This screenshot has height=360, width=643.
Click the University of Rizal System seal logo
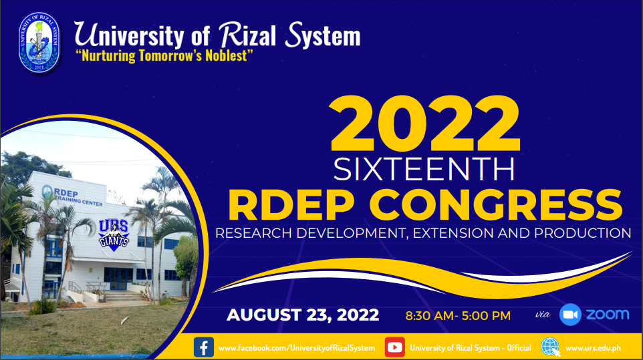point(39,43)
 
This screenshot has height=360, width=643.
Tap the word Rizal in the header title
point(247,35)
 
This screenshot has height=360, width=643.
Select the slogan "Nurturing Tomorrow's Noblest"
point(164,55)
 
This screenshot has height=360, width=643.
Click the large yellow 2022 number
point(425,124)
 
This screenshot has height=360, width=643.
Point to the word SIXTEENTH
point(424,169)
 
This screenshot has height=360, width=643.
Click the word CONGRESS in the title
point(496,205)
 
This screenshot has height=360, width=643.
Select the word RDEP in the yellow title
point(291,205)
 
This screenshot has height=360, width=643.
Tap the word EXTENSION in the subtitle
point(454,233)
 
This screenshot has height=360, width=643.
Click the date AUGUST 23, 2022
point(303,315)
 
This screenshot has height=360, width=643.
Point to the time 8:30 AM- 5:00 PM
point(458,316)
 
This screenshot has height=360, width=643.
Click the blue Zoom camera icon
point(570,315)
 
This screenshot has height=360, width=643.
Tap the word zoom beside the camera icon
point(608,315)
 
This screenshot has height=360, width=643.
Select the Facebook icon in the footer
point(204,347)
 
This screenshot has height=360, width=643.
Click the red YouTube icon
point(395,347)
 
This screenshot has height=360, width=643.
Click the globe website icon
point(550,347)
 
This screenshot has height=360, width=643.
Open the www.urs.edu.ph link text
point(593,348)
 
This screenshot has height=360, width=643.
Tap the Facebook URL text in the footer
point(297,348)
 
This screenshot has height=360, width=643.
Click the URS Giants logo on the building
point(114,234)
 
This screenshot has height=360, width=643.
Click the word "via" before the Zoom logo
point(543,315)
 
